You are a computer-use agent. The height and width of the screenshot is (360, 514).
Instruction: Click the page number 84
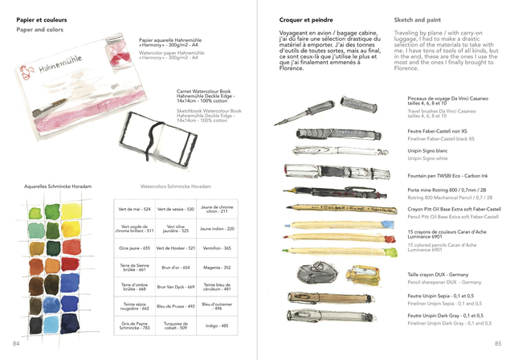(15, 344)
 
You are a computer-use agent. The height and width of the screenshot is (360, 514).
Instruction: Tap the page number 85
(498, 344)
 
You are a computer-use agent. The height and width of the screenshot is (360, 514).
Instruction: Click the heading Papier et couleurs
(42, 18)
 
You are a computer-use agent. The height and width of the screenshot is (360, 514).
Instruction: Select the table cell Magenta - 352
(217, 268)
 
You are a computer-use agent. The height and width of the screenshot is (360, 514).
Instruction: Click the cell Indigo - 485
(217, 326)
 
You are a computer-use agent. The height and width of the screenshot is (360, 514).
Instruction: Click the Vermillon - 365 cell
(217, 248)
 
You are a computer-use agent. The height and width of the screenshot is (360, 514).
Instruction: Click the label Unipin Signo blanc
(427, 151)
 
